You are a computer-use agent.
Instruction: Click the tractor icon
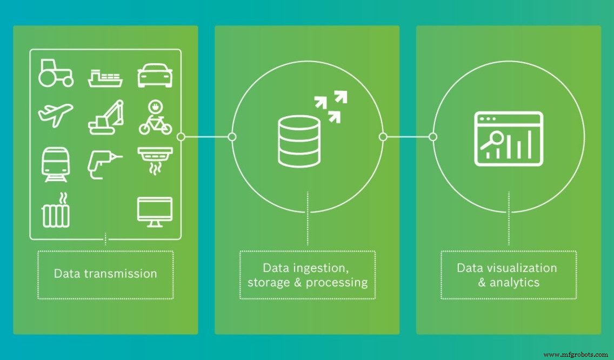click(56, 73)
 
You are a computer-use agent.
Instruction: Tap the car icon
click(155, 76)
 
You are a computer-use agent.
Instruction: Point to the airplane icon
click(56, 115)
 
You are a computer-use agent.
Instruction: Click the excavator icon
click(106, 117)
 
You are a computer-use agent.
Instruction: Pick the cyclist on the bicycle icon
click(155, 117)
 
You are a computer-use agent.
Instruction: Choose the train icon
click(55, 164)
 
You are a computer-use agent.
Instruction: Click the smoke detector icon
click(155, 159)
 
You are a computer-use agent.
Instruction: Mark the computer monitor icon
click(155, 211)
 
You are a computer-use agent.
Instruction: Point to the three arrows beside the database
click(330, 107)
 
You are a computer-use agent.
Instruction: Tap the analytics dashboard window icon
click(509, 138)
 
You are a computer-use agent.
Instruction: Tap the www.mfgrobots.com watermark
click(576, 355)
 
